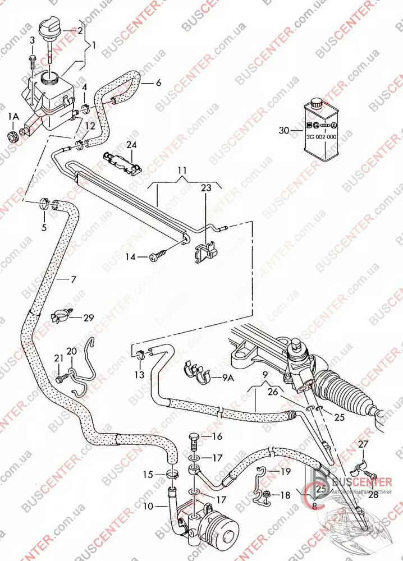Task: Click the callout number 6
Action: pyautogui.click(x=158, y=83)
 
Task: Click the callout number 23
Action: pyautogui.click(x=205, y=189)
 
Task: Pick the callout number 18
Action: pyautogui.click(x=286, y=495)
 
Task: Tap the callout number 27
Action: pyautogui.click(x=363, y=444)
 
